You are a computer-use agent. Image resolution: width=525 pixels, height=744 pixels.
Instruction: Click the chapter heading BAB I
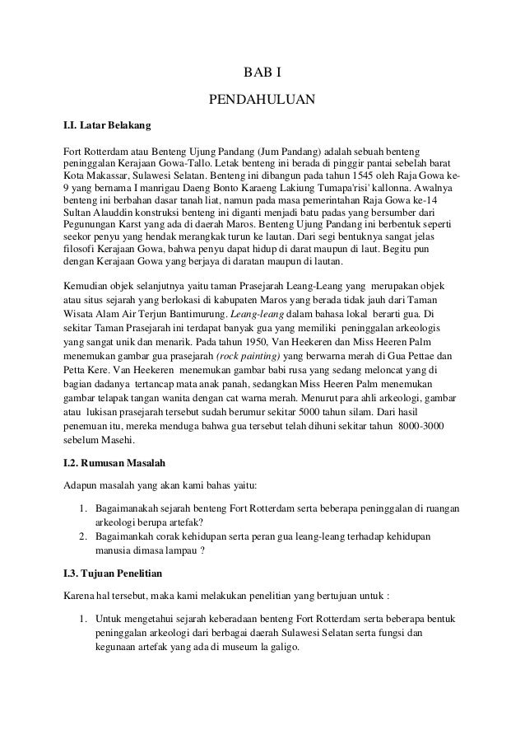[262, 73]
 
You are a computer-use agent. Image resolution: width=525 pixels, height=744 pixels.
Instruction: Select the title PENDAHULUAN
[262, 102]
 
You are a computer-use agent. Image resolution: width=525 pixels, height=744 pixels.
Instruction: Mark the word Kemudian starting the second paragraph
[90, 284]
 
